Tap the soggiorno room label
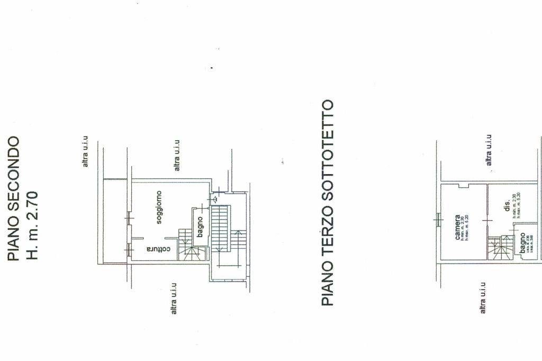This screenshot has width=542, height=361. click(159, 207)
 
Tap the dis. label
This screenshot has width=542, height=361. click(507, 206)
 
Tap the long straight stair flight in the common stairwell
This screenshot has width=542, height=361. click(221, 228)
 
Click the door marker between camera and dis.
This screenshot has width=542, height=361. click(487, 220)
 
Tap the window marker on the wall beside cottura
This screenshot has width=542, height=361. click(128, 249)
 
